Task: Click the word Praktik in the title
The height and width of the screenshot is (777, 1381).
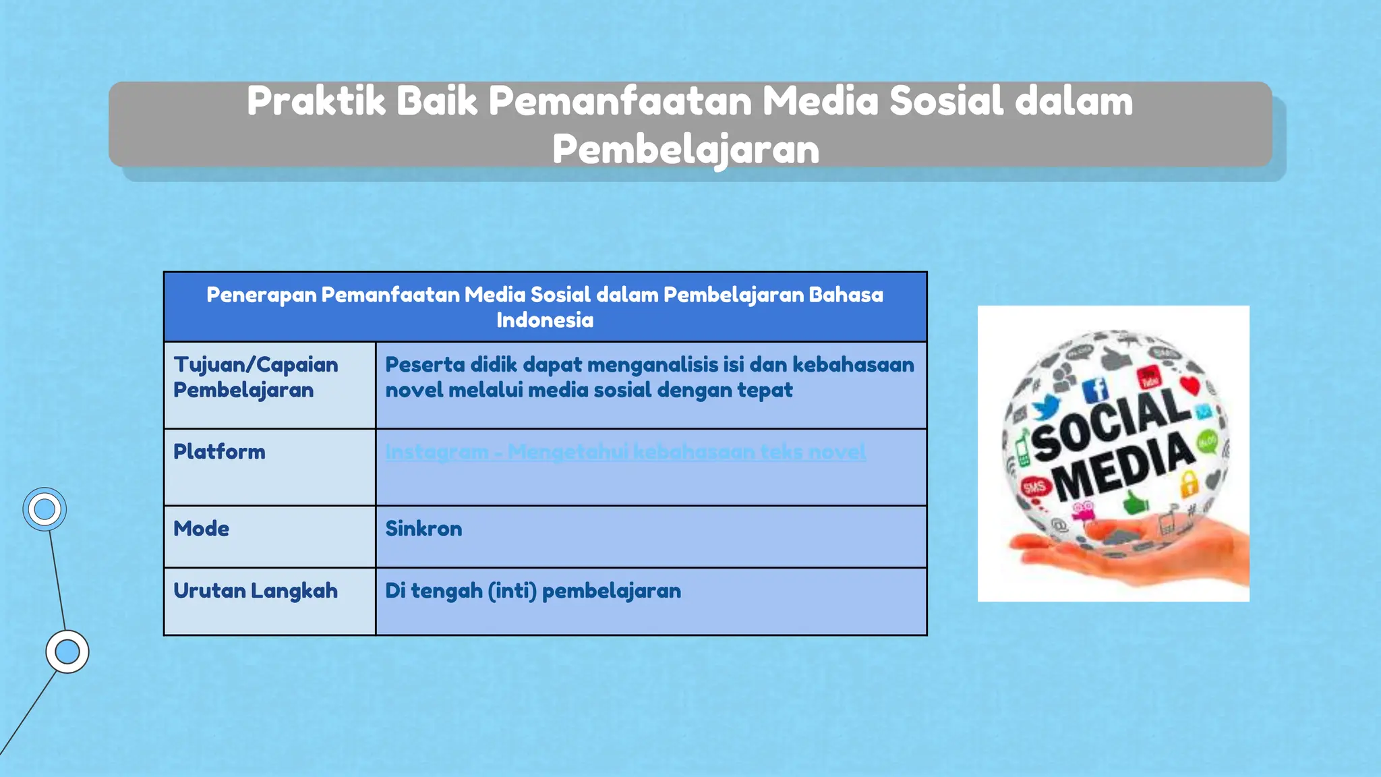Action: pos(316,101)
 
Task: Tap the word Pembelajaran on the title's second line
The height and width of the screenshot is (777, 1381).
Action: pos(686,149)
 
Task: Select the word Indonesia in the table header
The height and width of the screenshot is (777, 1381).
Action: pos(545,320)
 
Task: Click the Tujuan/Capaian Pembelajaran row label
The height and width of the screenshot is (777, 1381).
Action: pos(256,377)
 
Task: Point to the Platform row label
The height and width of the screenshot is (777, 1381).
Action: pos(219,451)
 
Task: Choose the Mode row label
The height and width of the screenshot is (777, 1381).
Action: pos(201,528)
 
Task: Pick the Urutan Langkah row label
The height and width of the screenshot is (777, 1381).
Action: pos(256,590)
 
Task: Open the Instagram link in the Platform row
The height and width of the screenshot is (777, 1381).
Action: pos(625,451)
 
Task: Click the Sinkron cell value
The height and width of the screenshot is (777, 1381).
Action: pos(423,528)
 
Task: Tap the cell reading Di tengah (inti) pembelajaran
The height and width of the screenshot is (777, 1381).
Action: pos(533,590)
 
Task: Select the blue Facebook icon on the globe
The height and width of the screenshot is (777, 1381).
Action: pos(1095,391)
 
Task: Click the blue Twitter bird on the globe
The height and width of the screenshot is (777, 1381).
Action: pos(1046,407)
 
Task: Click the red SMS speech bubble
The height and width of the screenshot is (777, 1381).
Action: pos(1034,487)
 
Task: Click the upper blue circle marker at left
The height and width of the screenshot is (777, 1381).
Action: pos(45,509)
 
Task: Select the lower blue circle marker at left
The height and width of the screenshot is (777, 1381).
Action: pos(67,652)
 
